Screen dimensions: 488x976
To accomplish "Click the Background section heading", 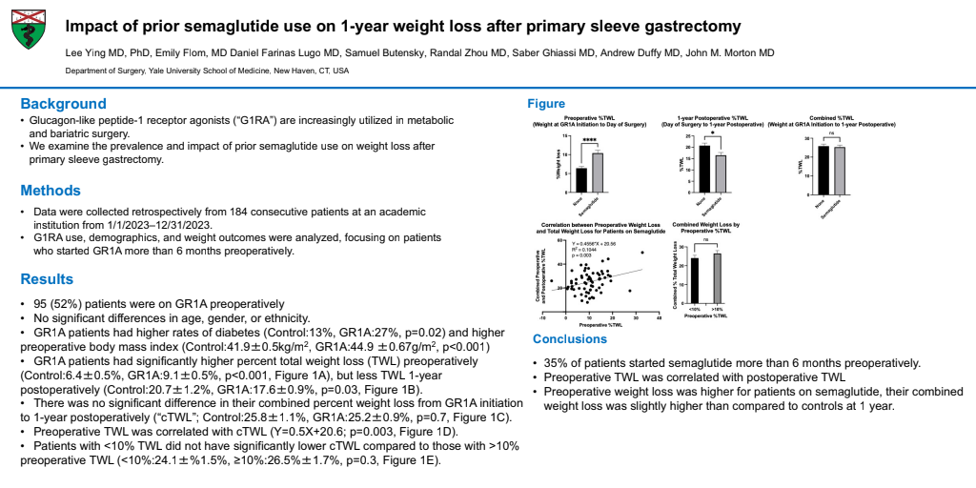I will coord(64,103).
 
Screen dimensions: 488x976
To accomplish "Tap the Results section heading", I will coord(48,279).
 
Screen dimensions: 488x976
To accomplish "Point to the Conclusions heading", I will coord(570,339).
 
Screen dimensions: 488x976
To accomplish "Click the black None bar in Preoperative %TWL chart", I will coord(581,179).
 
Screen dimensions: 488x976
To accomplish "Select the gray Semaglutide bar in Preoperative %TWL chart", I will coord(598,173).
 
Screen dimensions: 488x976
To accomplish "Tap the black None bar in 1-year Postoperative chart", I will coord(705,169).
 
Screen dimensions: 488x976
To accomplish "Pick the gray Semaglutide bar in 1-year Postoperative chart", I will coord(722,173).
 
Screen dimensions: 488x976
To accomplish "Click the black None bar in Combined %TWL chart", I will coord(823,169).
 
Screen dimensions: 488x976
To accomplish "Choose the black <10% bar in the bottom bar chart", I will coord(695,276).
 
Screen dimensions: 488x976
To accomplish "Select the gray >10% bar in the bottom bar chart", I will coord(717,274).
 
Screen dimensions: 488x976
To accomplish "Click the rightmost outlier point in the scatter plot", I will coord(642,253).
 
